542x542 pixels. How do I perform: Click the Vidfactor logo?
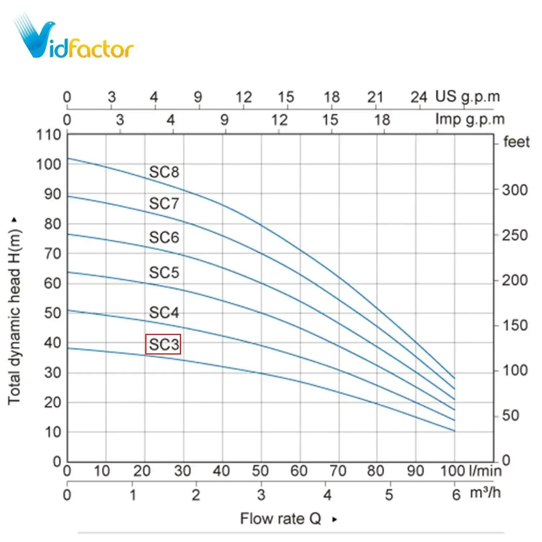coord(74,38)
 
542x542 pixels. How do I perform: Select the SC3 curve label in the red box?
coord(163,344)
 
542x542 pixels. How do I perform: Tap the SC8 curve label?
coord(164,172)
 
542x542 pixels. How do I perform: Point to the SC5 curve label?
coord(164,272)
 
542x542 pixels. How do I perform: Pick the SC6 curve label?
coord(164,237)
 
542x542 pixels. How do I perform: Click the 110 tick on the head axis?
coord(48,135)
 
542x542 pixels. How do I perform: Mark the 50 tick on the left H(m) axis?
coord(52,313)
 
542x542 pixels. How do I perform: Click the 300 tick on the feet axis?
coord(515,190)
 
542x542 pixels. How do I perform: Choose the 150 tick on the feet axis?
coord(515,326)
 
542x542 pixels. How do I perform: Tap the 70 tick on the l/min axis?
coord(338,471)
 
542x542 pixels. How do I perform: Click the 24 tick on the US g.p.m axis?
coord(418,97)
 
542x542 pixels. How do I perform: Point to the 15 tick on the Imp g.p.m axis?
coord(330,120)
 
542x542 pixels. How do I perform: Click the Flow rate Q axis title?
coord(281,519)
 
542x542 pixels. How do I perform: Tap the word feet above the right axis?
coord(516,142)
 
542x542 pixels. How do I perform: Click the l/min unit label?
coord(485,471)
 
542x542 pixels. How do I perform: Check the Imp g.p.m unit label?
coord(470,119)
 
